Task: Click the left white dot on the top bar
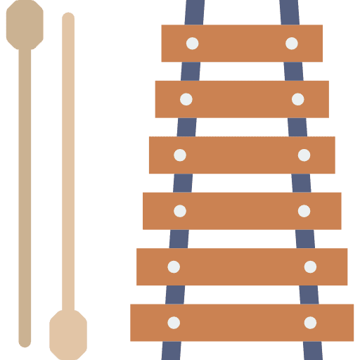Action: (192, 44)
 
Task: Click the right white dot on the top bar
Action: (292, 44)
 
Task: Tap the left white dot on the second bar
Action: (186, 99)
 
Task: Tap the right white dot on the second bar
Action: (298, 99)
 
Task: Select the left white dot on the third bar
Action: (180, 155)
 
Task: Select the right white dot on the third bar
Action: (304, 155)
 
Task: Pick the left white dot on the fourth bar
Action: (180, 211)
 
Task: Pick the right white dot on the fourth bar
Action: (304, 211)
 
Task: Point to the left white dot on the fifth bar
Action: (174, 266)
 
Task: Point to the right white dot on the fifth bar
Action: (310, 266)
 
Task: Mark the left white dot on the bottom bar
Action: (174, 323)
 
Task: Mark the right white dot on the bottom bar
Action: (310, 323)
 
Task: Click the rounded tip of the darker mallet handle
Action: (25, 342)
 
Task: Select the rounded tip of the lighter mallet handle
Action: (68, 18)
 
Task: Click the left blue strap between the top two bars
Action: (190, 71)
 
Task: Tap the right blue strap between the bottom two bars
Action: (309, 295)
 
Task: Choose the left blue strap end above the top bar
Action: (195, 11)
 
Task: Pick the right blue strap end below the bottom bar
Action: (313, 351)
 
